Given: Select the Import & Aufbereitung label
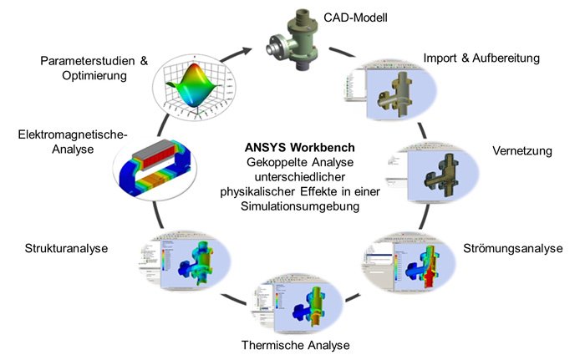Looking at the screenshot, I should pyautogui.click(x=481, y=58).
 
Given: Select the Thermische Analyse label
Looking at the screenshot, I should pyautogui.click(x=295, y=345).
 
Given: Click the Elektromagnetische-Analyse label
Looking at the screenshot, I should pyautogui.click(x=73, y=141).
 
